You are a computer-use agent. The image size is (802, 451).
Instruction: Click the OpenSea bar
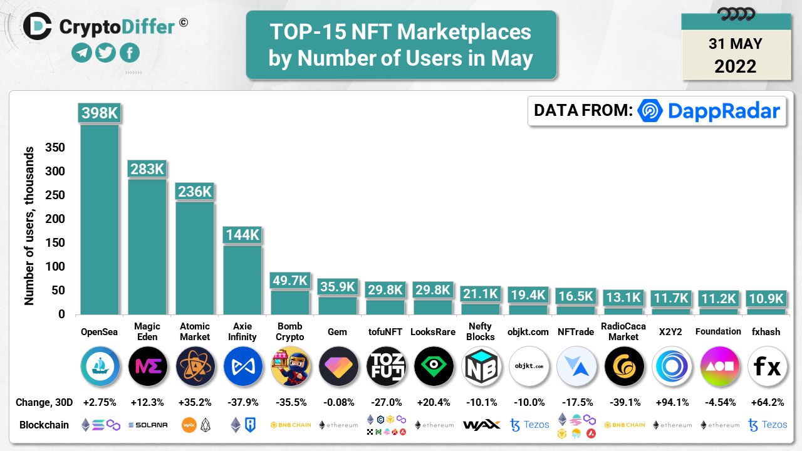click(99, 219)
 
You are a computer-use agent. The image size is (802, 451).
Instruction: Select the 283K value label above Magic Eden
click(147, 169)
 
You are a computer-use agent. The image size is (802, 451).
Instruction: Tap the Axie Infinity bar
click(242, 279)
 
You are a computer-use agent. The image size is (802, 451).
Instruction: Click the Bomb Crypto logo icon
click(289, 366)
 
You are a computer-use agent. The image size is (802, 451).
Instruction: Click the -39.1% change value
click(623, 402)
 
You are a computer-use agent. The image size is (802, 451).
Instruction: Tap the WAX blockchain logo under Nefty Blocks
click(481, 425)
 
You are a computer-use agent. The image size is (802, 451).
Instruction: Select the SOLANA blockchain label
click(147, 425)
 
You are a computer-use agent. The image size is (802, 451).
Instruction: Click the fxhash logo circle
click(767, 366)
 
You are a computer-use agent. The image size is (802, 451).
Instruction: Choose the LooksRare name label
click(434, 332)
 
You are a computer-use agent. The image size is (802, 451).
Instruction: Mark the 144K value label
click(242, 236)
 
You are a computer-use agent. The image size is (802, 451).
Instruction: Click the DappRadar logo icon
click(650, 111)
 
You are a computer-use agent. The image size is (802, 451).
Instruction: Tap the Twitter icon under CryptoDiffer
click(106, 53)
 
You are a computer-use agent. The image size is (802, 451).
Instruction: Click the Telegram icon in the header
click(81, 53)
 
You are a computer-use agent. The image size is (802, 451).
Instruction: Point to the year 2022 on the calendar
click(735, 66)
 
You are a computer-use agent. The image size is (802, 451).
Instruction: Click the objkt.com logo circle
click(529, 366)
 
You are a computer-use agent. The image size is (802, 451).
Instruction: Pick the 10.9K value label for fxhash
click(766, 298)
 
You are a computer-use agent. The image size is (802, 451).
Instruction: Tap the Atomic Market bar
click(194, 258)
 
